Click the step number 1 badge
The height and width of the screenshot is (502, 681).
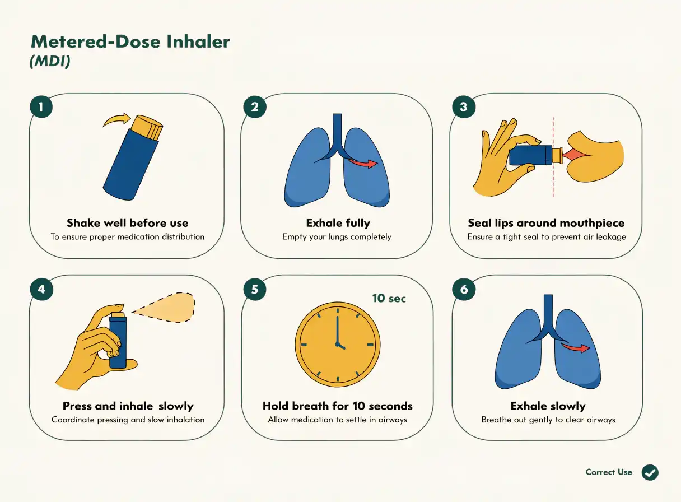[x=41, y=106]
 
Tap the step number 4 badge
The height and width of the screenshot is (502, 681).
[x=41, y=289]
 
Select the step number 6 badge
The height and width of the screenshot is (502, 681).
[x=464, y=289]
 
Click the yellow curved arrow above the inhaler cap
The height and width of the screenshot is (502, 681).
[x=117, y=119]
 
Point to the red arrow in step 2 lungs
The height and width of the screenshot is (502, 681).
[x=363, y=163]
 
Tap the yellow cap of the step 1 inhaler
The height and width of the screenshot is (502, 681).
[x=147, y=128]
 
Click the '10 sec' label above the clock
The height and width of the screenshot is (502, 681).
[x=389, y=298]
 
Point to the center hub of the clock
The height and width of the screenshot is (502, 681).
[x=338, y=344]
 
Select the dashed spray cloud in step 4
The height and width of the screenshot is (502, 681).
[x=164, y=308]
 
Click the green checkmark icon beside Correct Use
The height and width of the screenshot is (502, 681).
[x=650, y=472]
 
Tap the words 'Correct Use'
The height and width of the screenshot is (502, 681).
[x=609, y=472]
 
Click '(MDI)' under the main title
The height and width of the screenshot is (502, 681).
[x=50, y=61]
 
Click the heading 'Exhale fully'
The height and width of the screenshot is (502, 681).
[x=338, y=223]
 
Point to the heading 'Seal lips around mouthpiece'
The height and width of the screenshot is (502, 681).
[x=546, y=223]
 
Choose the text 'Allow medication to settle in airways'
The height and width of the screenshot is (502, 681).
[x=338, y=420]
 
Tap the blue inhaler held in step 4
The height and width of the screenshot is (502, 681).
[x=118, y=341]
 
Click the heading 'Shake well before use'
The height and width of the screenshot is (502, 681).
[x=127, y=223]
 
